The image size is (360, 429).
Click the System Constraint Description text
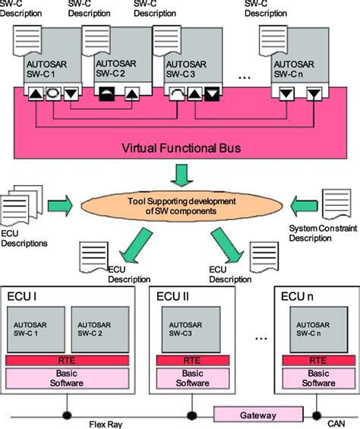(x=321, y=232)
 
